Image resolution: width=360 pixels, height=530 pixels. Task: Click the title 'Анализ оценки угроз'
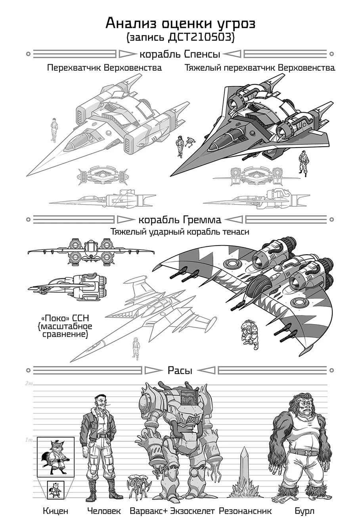click(180, 24)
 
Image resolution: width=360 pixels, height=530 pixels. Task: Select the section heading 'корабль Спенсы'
click(180, 55)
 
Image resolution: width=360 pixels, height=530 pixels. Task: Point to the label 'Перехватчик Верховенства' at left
click(104, 68)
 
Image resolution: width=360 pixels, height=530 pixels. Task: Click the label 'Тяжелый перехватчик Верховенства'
click(259, 68)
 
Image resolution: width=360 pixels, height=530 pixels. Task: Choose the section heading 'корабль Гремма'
click(180, 220)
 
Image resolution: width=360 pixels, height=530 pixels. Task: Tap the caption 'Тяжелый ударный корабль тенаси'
click(180, 231)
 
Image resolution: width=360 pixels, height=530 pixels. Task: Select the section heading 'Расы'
click(180, 370)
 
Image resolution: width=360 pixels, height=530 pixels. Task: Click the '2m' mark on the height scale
click(29, 383)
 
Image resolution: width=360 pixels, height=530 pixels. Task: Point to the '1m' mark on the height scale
click(29, 440)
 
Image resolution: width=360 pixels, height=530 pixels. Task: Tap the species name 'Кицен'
click(56, 511)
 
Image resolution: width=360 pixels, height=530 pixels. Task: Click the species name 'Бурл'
click(304, 511)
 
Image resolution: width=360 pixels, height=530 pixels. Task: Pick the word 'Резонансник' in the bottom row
click(245, 511)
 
